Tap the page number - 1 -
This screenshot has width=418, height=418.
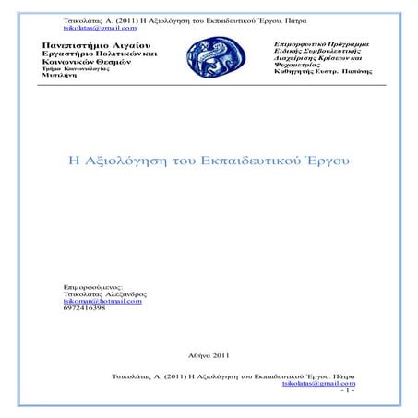click(x=348, y=390)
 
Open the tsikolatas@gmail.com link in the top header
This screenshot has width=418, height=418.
click(x=101, y=29)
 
